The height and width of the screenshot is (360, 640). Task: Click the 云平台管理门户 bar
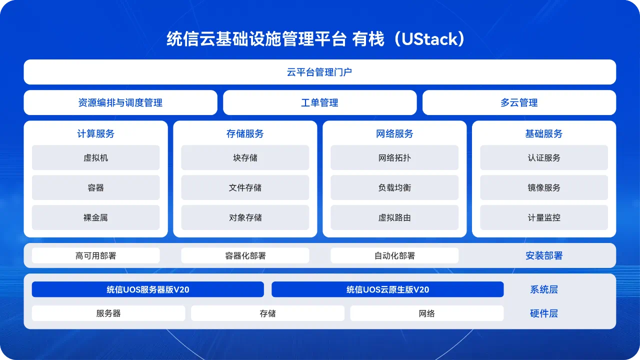(319, 72)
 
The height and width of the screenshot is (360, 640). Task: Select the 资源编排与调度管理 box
(120, 102)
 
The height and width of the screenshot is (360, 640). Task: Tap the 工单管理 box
(319, 102)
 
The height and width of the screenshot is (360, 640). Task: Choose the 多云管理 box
(519, 102)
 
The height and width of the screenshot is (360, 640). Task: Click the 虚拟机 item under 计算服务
(95, 157)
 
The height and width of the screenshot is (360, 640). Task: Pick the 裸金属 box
(95, 217)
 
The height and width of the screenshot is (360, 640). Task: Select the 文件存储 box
(245, 187)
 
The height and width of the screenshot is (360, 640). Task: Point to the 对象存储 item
(245, 217)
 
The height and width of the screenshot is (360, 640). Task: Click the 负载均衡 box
(394, 187)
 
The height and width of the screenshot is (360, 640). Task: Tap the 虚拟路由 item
(394, 217)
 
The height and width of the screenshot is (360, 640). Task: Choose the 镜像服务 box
(544, 187)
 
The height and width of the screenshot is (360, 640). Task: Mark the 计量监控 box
(544, 217)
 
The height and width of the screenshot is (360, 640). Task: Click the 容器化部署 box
(245, 255)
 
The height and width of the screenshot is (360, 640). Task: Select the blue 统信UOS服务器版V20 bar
(147, 289)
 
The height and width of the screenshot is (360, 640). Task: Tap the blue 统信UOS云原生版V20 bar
(387, 289)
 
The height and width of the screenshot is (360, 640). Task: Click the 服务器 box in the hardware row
(108, 313)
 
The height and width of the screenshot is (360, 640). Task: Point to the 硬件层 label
(544, 313)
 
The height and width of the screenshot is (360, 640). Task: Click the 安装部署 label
(544, 255)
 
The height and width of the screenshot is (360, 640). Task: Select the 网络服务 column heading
(394, 133)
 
